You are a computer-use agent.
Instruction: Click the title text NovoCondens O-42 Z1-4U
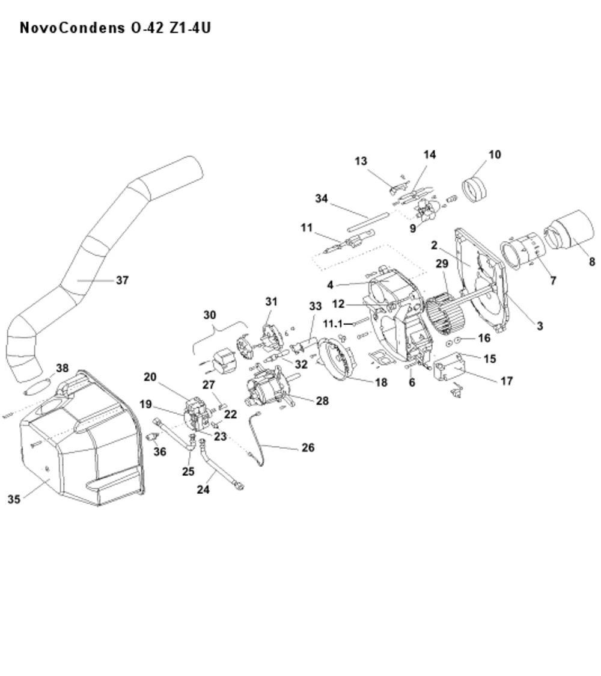(x=115, y=28)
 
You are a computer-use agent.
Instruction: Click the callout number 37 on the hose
(x=123, y=280)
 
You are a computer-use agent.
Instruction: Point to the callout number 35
(x=14, y=499)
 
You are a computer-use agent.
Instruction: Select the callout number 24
(x=203, y=490)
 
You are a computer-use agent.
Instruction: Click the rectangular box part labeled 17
(x=448, y=366)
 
